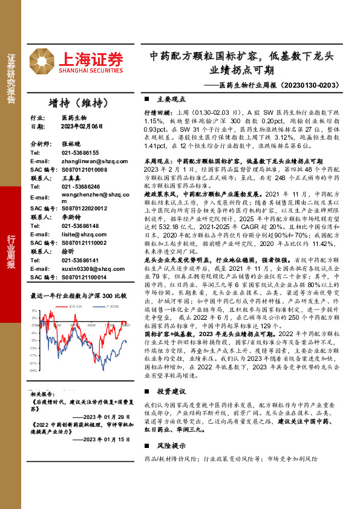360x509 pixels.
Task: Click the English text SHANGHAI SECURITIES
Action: (91, 70)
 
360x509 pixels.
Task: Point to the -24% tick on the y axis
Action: (35, 369)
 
